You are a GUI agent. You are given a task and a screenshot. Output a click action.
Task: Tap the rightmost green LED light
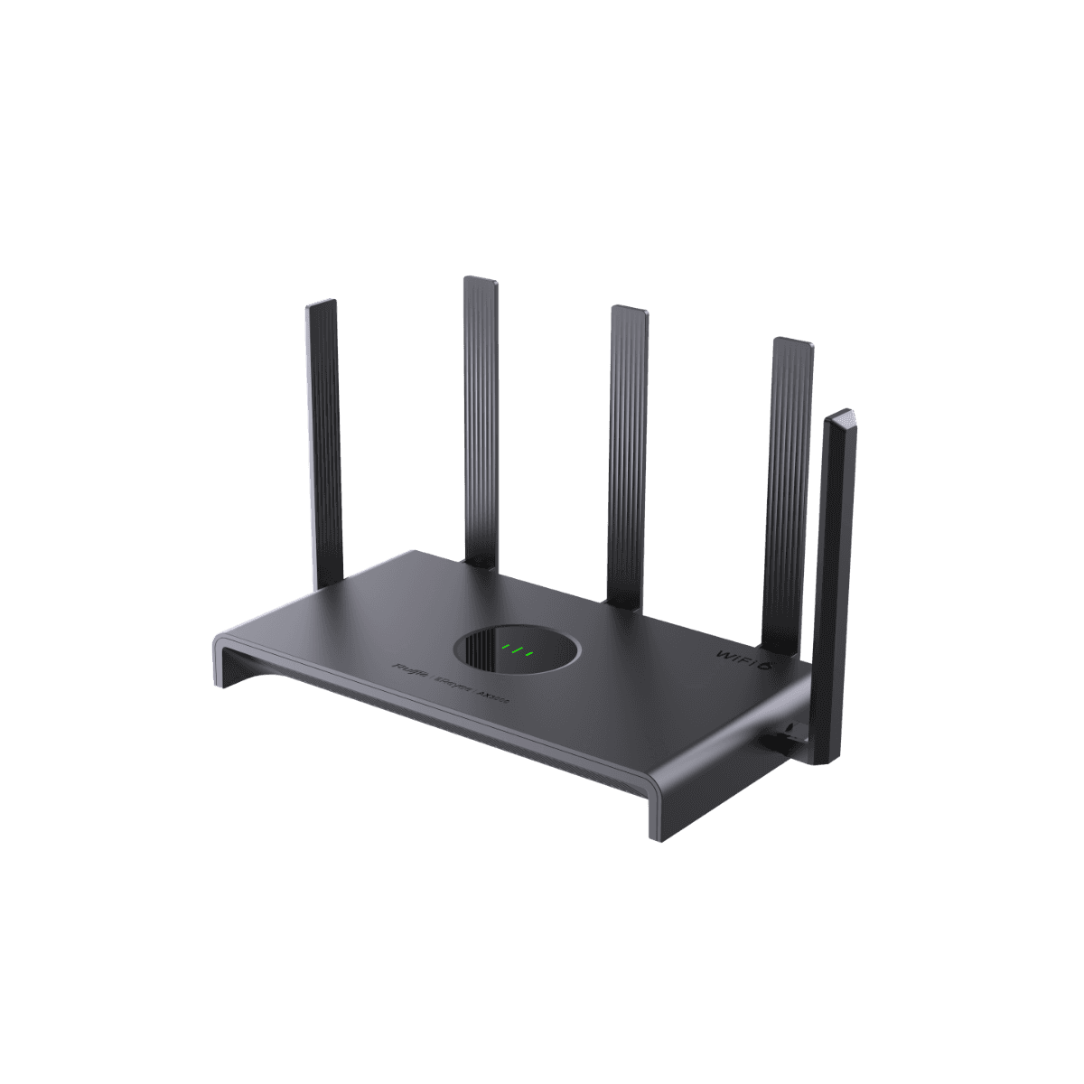tap(531, 652)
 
